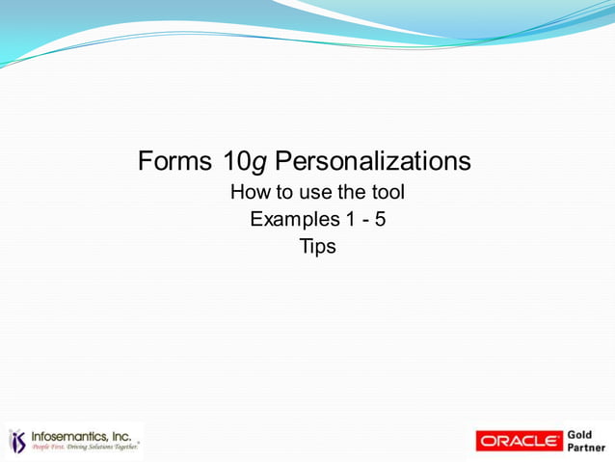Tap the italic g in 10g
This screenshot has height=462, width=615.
(x=257, y=162)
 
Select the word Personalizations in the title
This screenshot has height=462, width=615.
(x=373, y=160)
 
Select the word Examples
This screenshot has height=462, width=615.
(x=295, y=219)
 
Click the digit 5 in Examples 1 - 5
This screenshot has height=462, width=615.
(x=381, y=219)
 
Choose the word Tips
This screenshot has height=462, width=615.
(x=318, y=246)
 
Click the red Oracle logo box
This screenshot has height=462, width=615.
(x=520, y=441)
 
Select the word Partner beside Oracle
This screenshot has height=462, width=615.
(x=587, y=448)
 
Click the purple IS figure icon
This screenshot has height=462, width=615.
(x=18, y=441)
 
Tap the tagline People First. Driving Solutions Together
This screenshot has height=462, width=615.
(x=85, y=448)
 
